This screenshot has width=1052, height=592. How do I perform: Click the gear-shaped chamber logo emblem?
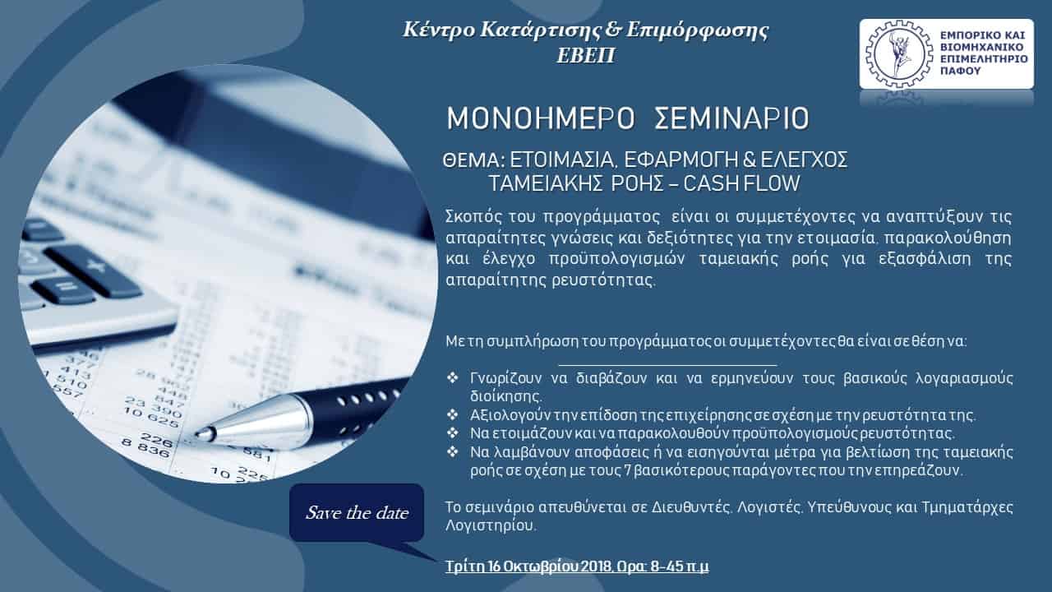click(x=899, y=54)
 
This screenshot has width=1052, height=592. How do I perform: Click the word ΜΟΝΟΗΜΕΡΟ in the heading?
click(x=540, y=118)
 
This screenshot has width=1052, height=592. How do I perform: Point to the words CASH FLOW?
click(x=741, y=183)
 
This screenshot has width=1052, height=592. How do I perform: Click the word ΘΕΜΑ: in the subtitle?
click(x=473, y=160)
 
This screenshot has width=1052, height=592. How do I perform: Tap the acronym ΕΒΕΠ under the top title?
click(x=586, y=55)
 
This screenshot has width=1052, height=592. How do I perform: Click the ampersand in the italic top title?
click(x=612, y=30)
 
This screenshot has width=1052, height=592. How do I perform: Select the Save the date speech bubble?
click(x=357, y=512)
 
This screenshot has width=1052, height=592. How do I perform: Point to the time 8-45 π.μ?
click(x=680, y=567)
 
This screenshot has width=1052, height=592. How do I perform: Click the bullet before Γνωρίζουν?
click(x=452, y=377)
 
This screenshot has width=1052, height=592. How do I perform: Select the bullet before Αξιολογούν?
click(x=452, y=415)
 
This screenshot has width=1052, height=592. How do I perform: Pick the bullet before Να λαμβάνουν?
click(x=452, y=452)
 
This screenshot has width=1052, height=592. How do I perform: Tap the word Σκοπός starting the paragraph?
click(x=474, y=218)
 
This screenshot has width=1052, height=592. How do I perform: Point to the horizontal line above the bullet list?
click(x=667, y=364)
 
